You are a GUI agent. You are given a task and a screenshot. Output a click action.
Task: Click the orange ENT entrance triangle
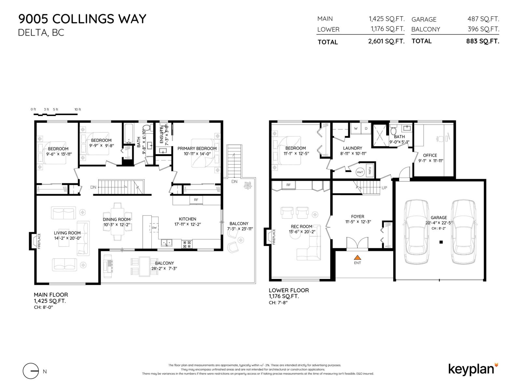[x=357, y=257]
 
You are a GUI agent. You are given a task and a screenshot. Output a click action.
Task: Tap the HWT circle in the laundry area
[x=360, y=172]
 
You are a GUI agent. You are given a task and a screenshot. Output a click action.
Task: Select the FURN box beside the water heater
[x=369, y=171]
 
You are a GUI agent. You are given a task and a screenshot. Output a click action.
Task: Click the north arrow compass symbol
[x=31, y=371]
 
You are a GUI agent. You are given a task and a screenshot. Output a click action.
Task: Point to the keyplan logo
[x=473, y=369]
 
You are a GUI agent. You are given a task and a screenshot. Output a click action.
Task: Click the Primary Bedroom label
[x=197, y=148]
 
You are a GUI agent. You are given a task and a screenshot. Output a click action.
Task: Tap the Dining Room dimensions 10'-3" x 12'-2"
[x=117, y=224]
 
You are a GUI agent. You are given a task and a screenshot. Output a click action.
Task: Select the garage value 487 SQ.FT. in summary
[x=483, y=19]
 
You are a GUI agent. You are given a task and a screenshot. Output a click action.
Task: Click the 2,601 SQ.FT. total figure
[x=386, y=41]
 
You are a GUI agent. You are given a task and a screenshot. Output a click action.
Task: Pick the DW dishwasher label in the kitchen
[x=154, y=228]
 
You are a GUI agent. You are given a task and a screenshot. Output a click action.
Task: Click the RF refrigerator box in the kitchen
[x=196, y=200]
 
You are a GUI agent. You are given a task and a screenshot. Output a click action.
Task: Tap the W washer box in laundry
[x=356, y=128]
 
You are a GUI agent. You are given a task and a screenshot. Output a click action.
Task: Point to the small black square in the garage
[x=441, y=242]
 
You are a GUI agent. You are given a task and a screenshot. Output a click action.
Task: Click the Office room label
[x=430, y=155]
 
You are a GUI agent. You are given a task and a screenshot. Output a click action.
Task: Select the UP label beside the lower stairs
[x=384, y=188]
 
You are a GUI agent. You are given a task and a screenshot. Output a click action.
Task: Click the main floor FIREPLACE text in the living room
[x=39, y=241]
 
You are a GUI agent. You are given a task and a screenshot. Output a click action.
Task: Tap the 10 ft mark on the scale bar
[x=77, y=109]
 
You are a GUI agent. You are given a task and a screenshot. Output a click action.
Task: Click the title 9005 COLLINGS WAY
[x=82, y=19]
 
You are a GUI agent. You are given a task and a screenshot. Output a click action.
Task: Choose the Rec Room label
[x=302, y=226]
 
